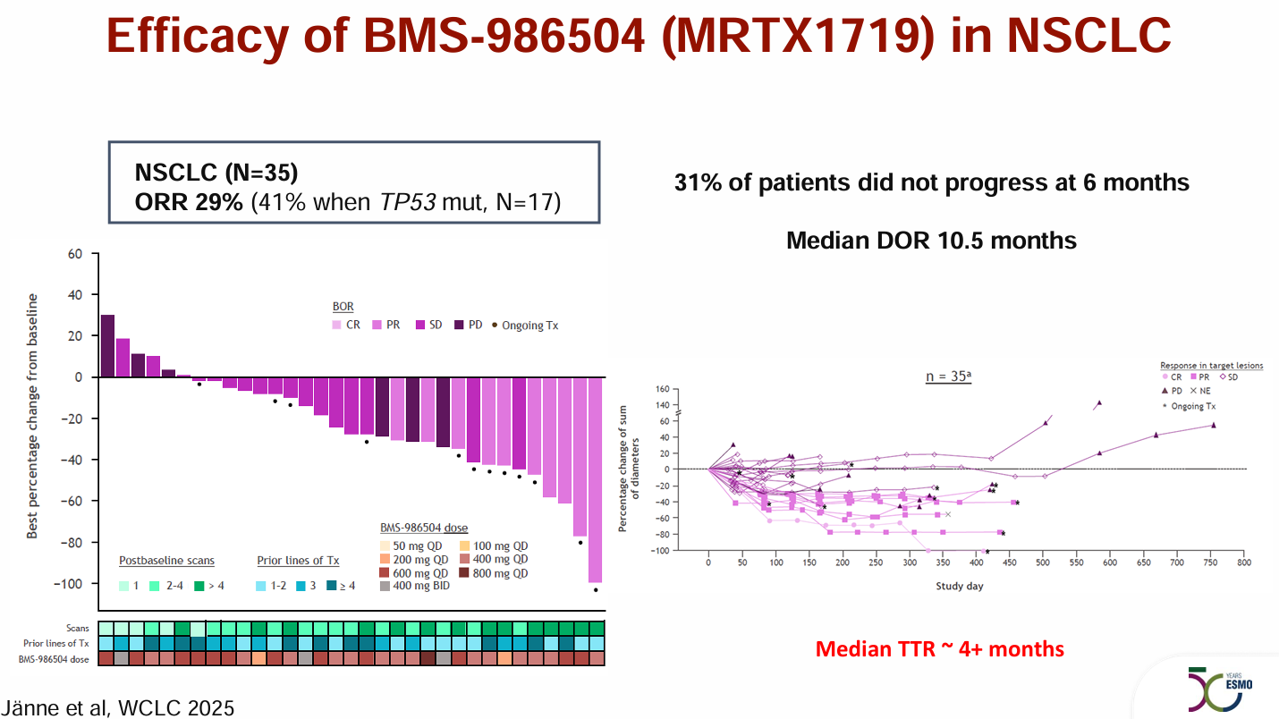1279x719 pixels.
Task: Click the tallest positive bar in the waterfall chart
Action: pos(107,346)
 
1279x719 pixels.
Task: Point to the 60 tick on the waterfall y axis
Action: pos(77,254)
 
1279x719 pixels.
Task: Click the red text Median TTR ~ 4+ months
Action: pos(940,648)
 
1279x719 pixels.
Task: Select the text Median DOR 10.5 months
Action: pos(931,241)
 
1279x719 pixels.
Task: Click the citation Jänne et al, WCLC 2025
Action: pos(119,708)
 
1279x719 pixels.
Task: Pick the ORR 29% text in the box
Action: pos(189,202)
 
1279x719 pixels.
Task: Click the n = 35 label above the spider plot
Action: pos(948,376)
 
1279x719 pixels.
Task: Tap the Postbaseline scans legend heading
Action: pos(166,561)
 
